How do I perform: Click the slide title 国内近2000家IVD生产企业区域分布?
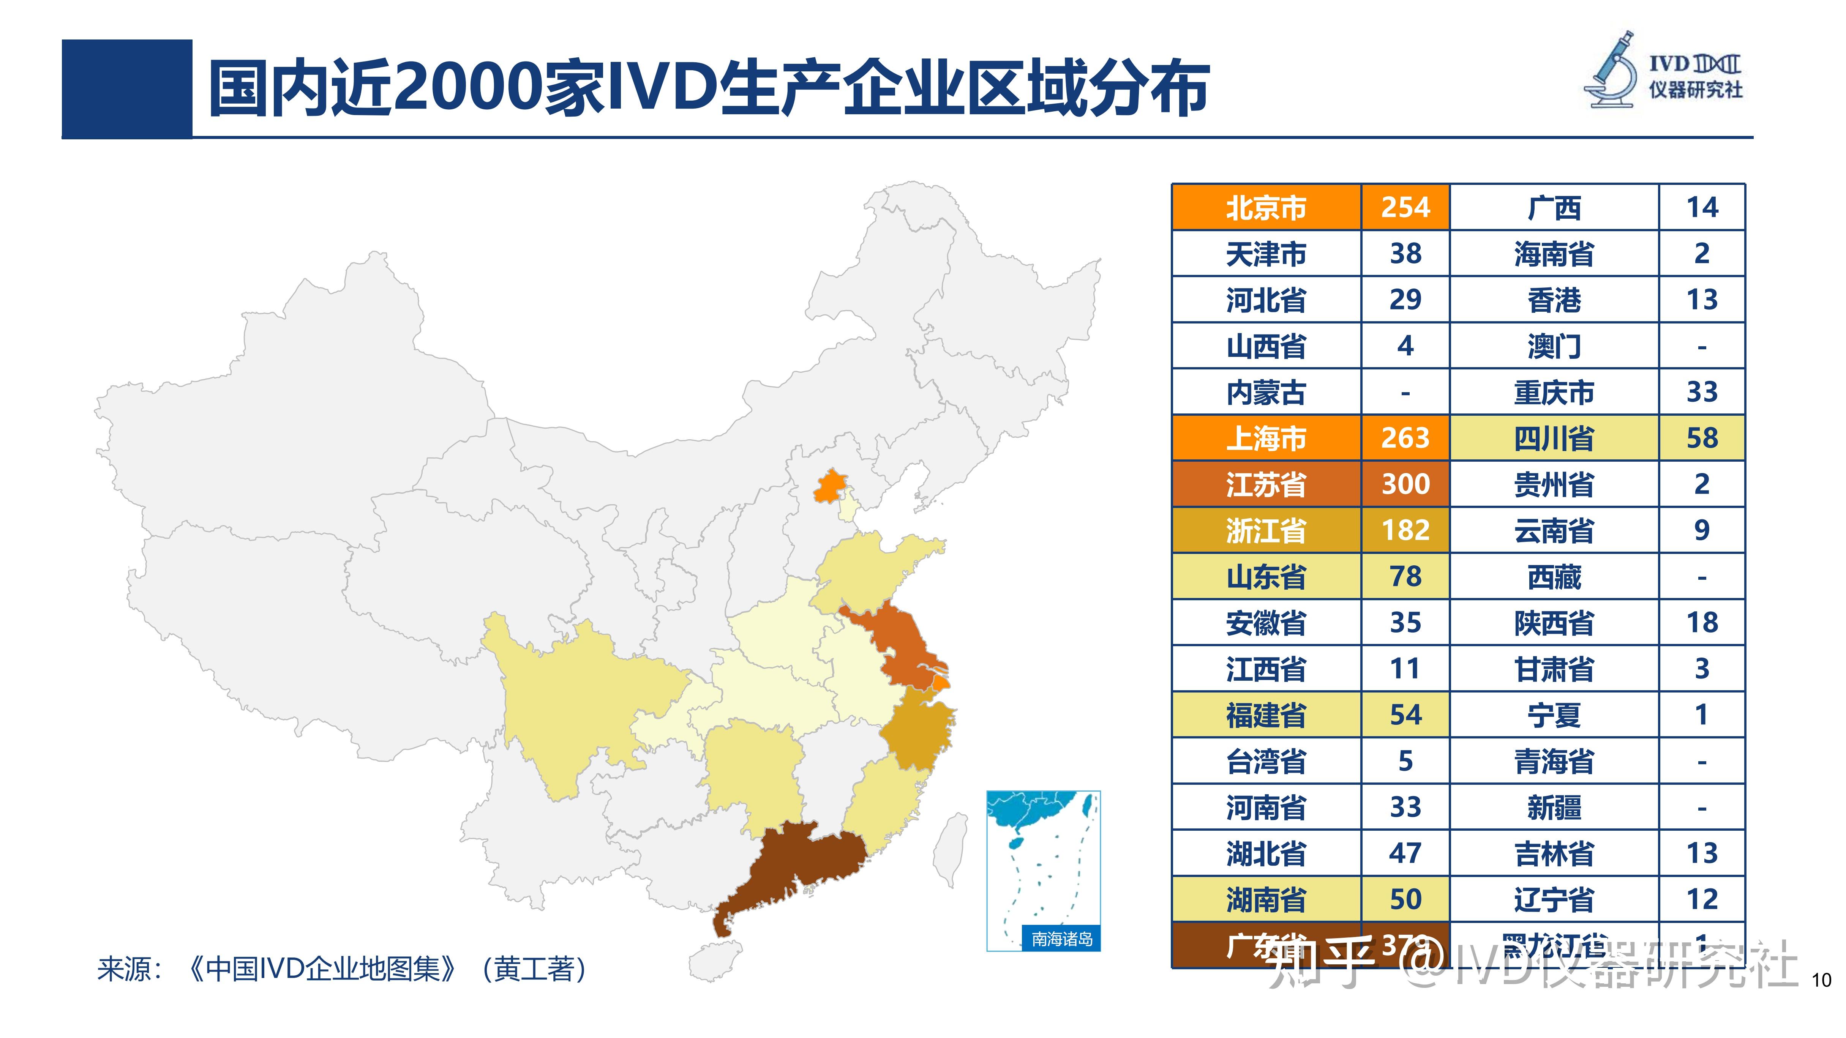point(708,89)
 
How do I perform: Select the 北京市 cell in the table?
point(1266,208)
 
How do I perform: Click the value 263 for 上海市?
point(1405,438)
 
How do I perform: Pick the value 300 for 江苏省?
point(1405,484)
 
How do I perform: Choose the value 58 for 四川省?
point(1702,438)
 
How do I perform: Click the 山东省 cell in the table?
point(1266,577)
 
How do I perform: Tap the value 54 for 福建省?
point(1405,715)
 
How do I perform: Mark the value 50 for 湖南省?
point(1405,899)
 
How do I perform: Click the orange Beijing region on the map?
point(830,487)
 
